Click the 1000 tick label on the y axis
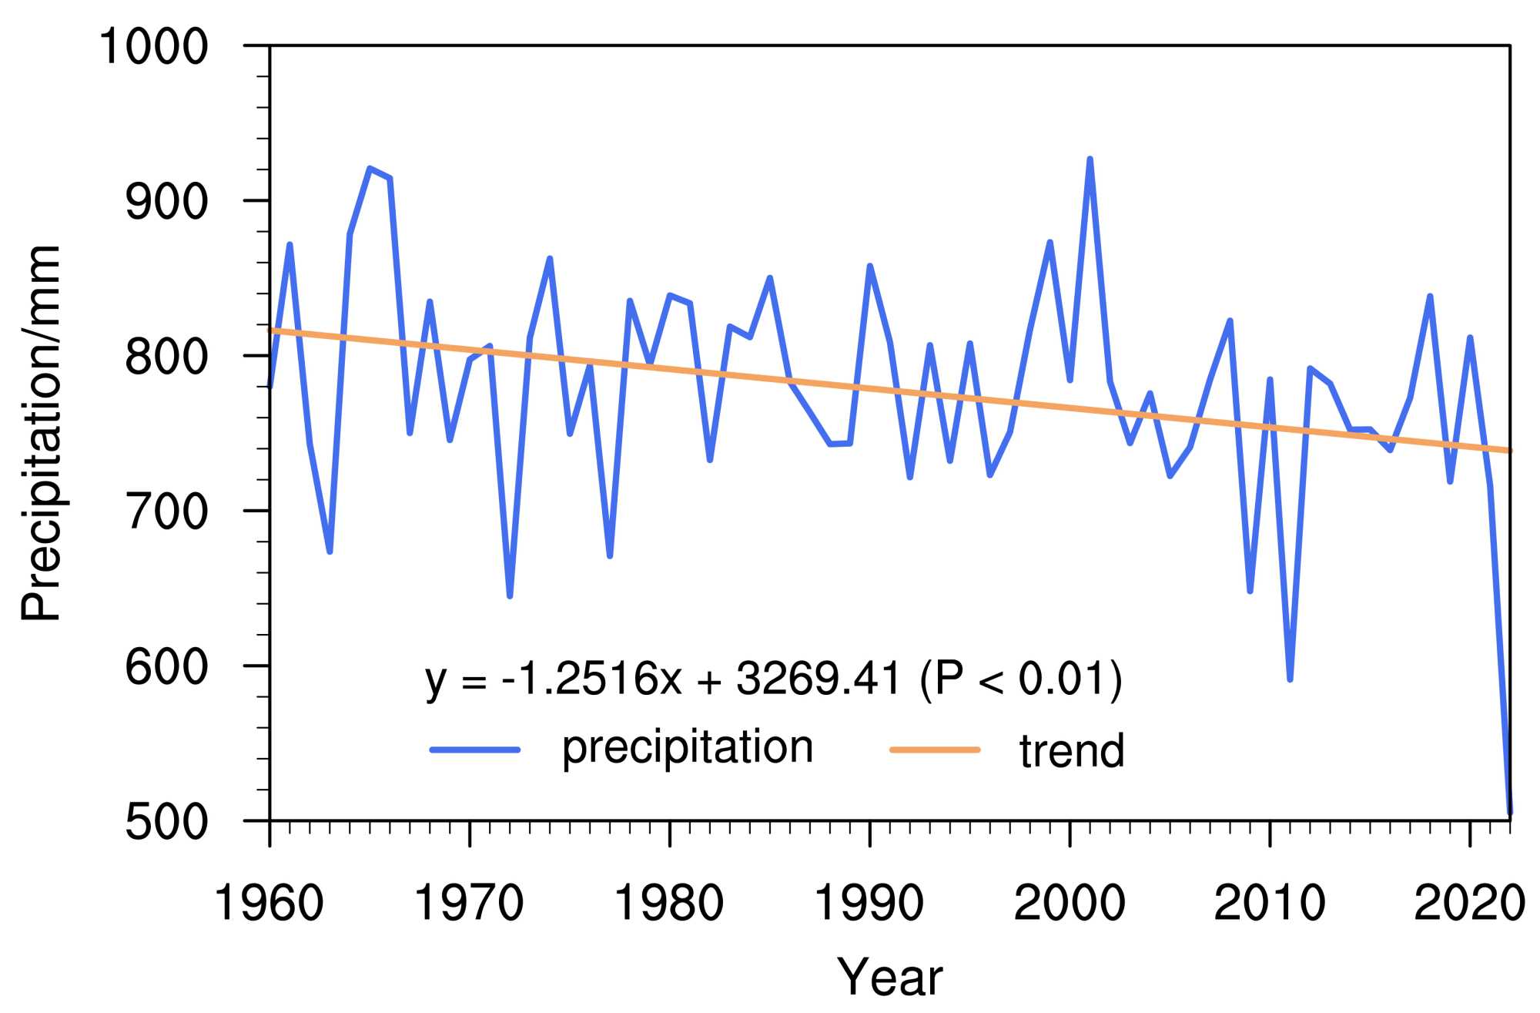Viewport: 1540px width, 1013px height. [153, 46]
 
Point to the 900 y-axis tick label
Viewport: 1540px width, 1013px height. [166, 202]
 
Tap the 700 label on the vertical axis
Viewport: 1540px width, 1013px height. [166, 512]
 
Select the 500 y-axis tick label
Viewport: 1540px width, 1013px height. [166, 822]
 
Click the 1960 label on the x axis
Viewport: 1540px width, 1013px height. [269, 903]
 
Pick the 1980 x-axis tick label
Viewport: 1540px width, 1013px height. [668, 903]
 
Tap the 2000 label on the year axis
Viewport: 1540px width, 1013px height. [1069, 903]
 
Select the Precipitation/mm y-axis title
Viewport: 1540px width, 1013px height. [40, 433]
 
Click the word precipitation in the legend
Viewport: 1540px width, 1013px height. [687, 747]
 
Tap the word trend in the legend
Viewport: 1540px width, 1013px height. [1071, 751]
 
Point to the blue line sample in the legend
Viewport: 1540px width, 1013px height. [475, 750]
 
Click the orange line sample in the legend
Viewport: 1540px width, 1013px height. [935, 750]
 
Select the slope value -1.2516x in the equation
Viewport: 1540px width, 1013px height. [591, 679]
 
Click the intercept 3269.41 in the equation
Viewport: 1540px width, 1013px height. [819, 679]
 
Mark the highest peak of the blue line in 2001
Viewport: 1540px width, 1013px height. [1090, 159]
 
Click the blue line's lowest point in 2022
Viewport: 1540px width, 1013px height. [1510, 812]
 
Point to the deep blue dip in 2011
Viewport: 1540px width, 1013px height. [1290, 679]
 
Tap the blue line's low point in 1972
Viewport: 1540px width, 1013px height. [510, 596]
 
